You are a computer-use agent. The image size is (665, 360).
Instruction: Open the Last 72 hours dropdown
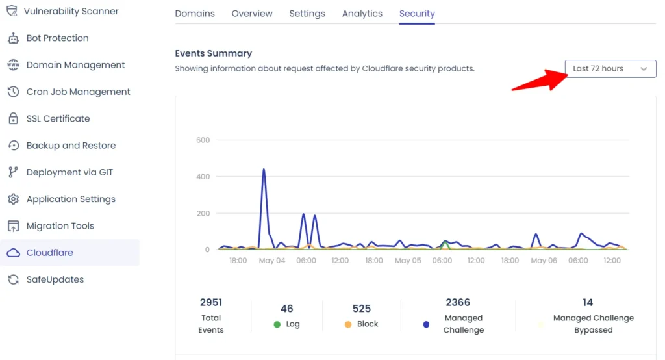[x=610, y=69]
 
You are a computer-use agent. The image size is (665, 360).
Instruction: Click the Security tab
[x=417, y=14]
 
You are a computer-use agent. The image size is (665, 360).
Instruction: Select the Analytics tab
[x=362, y=14]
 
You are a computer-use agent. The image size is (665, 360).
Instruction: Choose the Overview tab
[x=252, y=14]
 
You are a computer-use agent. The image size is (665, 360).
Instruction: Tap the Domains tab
[x=195, y=14]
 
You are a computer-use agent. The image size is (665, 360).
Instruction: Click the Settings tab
[x=307, y=14]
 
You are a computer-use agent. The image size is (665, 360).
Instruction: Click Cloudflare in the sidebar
[x=49, y=253]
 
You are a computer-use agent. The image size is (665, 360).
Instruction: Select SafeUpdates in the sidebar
[x=55, y=279]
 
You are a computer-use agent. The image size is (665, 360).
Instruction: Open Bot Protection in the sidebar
[x=57, y=38]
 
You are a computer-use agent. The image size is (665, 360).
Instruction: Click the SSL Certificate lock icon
[x=13, y=119]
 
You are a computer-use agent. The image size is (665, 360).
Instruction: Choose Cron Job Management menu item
[x=78, y=92]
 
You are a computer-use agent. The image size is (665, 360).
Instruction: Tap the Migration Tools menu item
[x=60, y=226]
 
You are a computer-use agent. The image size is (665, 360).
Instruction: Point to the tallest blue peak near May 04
[x=264, y=170]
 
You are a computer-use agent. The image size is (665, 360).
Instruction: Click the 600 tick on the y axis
[x=203, y=140]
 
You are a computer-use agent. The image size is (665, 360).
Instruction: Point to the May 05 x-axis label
[x=408, y=261]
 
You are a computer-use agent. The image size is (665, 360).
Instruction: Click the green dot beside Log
[x=277, y=324]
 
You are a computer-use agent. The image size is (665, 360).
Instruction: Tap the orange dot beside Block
[x=348, y=324]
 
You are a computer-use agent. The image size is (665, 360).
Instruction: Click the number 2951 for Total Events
[x=211, y=303]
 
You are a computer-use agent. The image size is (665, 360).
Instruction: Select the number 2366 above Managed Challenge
[x=458, y=303]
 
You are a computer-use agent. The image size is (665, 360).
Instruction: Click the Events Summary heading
[x=213, y=53]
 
